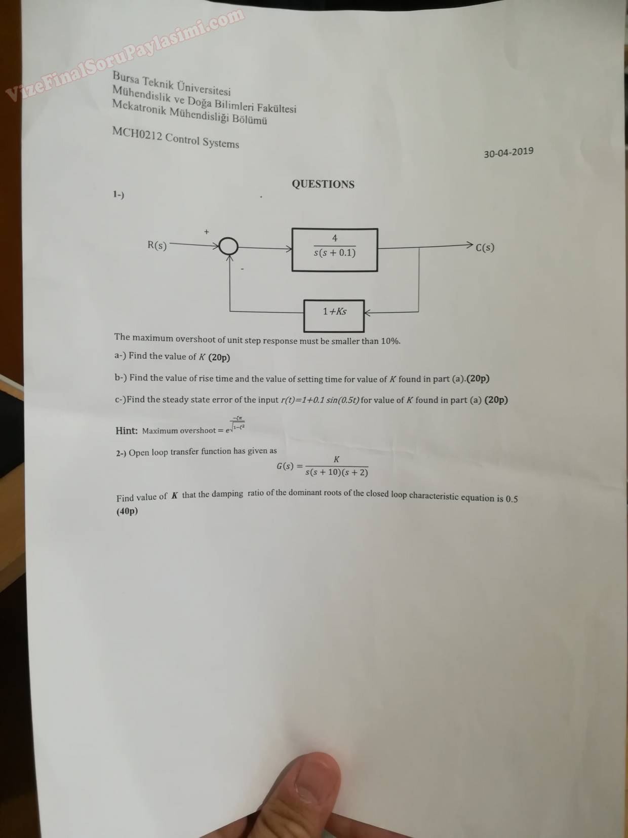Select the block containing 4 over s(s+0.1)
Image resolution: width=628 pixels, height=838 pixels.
334,250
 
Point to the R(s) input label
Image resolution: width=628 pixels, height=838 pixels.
157,245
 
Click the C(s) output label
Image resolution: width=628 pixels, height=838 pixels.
485,248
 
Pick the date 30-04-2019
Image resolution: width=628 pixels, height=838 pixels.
508,153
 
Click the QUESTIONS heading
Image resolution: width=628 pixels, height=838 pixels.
323,184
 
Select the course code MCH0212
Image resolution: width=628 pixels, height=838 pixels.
137,134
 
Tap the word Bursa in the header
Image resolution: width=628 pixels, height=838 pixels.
125,78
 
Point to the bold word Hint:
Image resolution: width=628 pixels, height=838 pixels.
127,431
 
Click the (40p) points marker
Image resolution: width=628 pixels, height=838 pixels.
127,511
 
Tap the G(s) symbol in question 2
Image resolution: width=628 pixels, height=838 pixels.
285,466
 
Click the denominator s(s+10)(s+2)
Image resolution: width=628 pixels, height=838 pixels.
337,473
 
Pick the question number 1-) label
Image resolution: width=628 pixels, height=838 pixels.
119,195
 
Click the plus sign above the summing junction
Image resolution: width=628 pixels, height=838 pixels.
207,232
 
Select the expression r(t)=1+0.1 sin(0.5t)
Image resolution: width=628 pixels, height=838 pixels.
320,400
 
